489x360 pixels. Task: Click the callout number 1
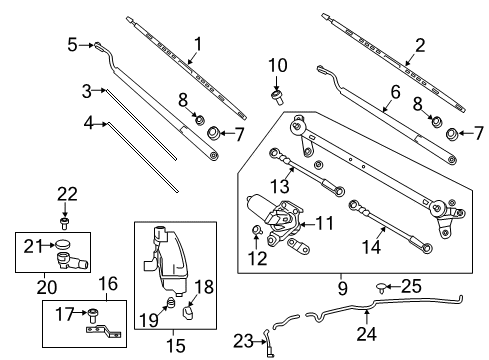(196, 43)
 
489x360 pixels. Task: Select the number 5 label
(71, 44)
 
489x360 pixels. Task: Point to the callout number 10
(277, 67)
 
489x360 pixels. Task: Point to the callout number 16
(105, 284)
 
